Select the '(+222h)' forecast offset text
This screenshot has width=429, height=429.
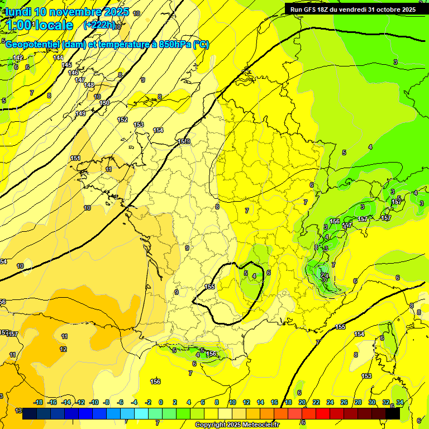click(99, 25)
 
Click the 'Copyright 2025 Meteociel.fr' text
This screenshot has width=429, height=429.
click(237, 425)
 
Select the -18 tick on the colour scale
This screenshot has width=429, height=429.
click(39, 402)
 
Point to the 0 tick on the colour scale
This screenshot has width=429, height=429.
click(161, 402)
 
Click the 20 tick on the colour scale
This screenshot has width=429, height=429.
click(302, 402)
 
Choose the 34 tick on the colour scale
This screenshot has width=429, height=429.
click(400, 402)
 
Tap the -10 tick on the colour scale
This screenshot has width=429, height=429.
click(94, 402)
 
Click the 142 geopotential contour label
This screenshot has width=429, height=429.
click(18, 58)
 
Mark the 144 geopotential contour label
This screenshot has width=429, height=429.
click(58, 58)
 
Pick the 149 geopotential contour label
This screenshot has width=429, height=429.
click(80, 113)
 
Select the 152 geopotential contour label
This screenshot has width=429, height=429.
click(122, 120)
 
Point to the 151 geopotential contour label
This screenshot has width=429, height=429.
click(75, 158)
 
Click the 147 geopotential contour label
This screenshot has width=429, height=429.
click(80, 80)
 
